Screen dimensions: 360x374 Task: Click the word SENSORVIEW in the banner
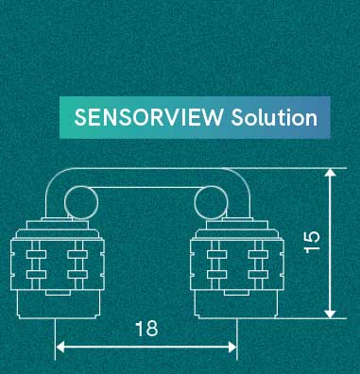tap(148, 117)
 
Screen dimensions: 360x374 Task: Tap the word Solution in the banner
tap(274, 117)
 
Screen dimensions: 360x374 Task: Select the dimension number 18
tap(146, 329)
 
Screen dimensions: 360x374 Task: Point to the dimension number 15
tap(312, 242)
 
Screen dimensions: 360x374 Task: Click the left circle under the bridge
tap(65, 202)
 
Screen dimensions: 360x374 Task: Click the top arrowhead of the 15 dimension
tap(330, 173)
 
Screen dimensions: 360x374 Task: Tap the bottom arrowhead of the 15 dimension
tap(330, 314)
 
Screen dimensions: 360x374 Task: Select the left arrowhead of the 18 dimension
tap(60, 348)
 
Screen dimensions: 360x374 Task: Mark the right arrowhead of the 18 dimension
tap(232, 348)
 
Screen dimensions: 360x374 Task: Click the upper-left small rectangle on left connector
tap(36, 254)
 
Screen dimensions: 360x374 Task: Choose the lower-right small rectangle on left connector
tap(77, 274)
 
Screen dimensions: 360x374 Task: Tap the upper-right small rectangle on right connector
tap(258, 254)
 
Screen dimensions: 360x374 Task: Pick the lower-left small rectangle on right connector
tap(217, 274)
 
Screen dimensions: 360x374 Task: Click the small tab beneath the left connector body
tap(59, 293)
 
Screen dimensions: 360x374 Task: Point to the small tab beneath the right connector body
tap(236, 293)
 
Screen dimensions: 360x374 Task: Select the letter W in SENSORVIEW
tap(213, 117)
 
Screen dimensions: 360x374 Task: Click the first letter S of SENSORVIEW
tap(79, 117)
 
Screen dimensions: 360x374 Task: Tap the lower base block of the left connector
tap(58, 304)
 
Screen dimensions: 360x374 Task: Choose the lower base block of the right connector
tap(236, 304)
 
